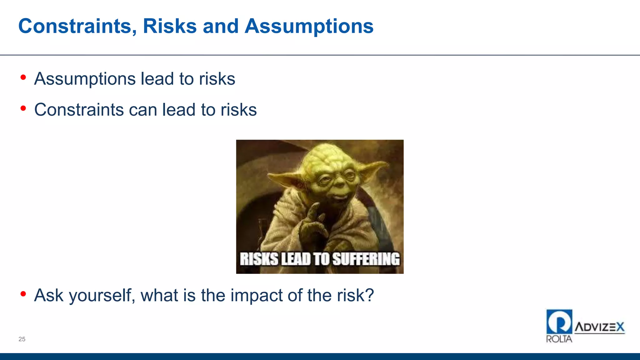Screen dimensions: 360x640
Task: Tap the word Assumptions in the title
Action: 309,26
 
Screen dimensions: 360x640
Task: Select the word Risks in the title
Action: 170,26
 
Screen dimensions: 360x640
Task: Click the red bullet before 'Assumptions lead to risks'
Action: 23,77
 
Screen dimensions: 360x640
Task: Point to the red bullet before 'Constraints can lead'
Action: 23,108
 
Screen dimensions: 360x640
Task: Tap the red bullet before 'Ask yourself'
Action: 23,294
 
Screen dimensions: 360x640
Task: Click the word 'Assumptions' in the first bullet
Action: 85,79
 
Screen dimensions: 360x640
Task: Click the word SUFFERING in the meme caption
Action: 366,259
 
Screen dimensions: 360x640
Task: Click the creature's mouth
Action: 337,197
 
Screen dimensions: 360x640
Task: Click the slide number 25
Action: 22,339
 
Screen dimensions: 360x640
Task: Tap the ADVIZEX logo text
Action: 599,327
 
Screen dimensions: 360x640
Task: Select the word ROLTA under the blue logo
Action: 559,339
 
